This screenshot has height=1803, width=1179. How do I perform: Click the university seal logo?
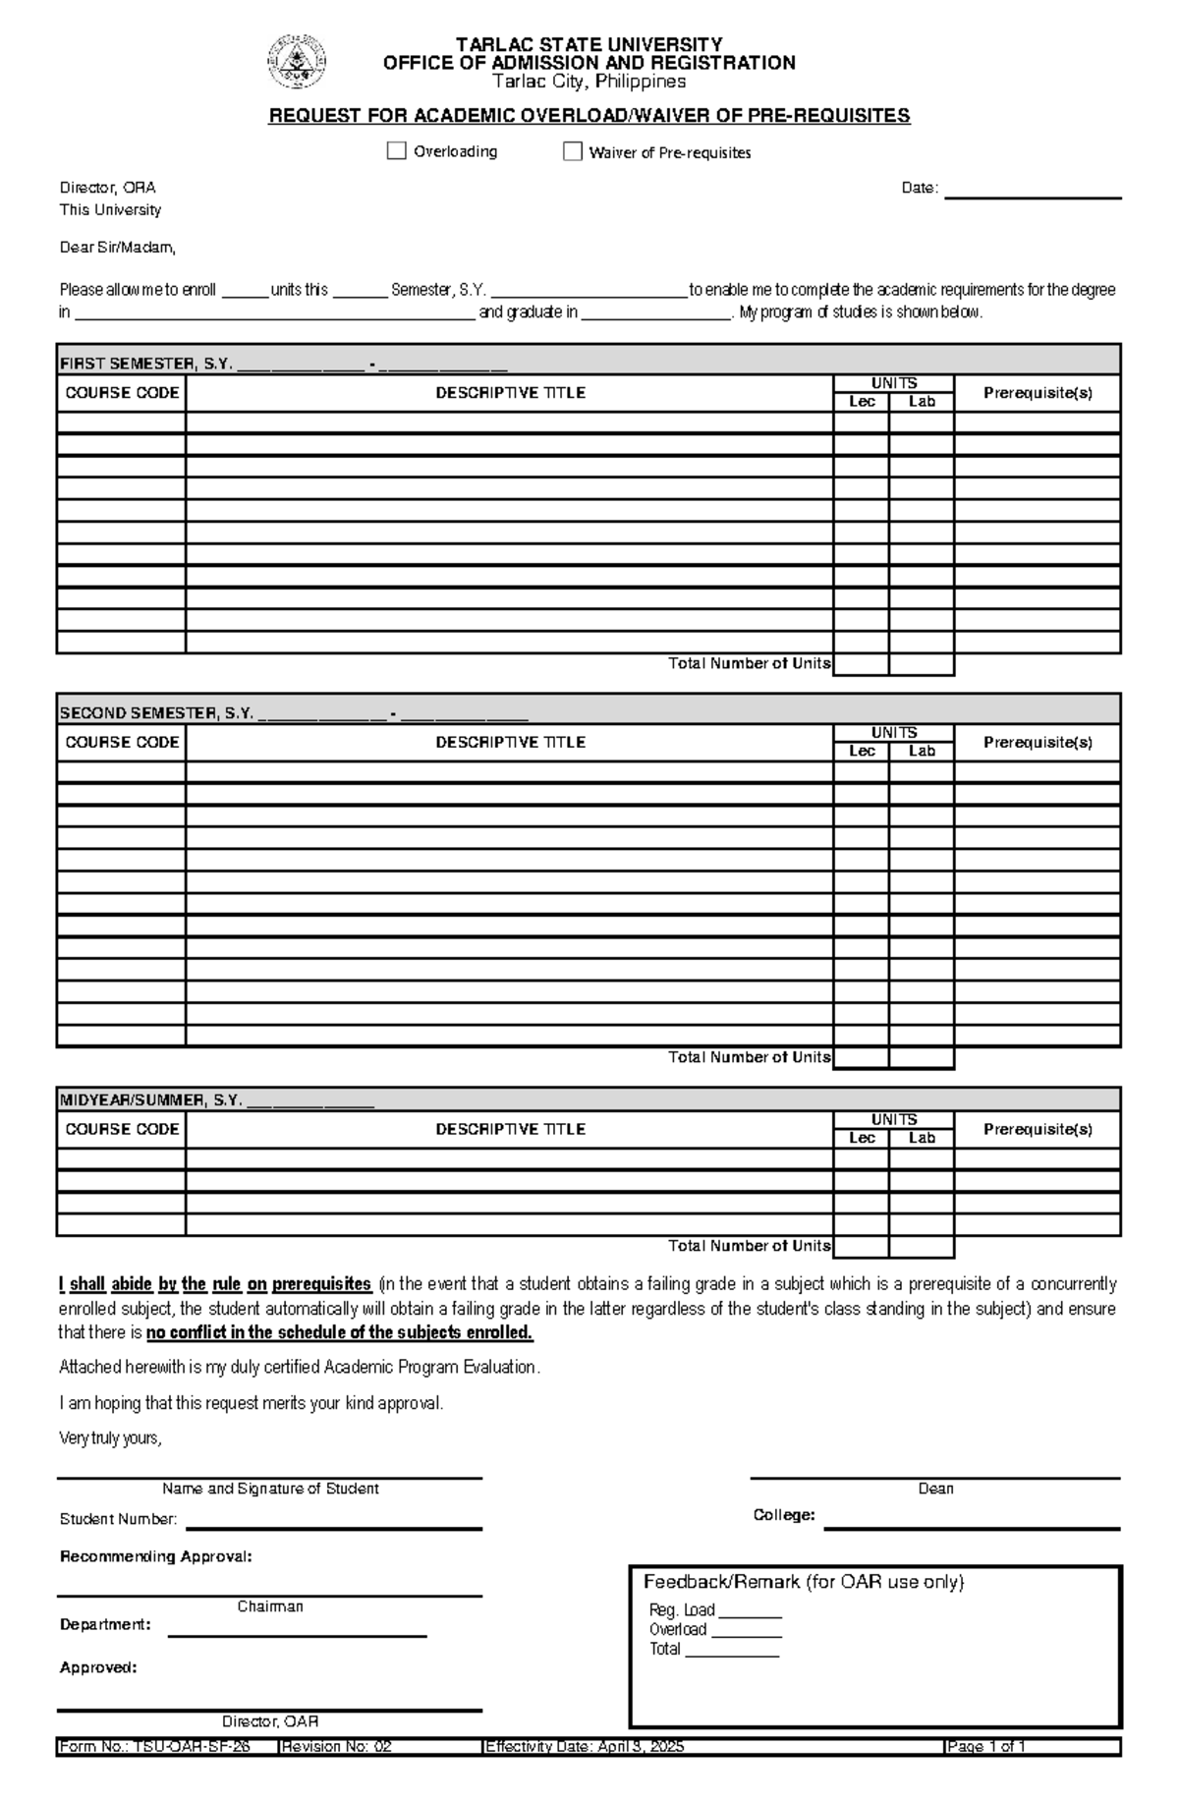click(x=297, y=62)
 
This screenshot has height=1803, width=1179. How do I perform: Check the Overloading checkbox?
click(x=397, y=151)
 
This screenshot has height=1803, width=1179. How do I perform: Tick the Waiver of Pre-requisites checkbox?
click(x=573, y=151)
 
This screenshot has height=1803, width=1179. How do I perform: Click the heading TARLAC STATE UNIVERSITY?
click(x=589, y=45)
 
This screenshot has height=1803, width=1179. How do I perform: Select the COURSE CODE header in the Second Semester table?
click(x=122, y=742)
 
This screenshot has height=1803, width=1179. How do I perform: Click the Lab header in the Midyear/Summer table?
click(x=922, y=1138)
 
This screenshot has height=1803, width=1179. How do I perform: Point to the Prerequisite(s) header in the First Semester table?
click(x=1038, y=393)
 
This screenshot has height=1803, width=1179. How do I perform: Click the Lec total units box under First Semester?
click(x=862, y=664)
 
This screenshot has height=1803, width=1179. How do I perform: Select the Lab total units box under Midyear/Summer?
click(x=922, y=1246)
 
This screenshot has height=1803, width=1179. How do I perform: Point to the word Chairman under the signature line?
click(x=270, y=1606)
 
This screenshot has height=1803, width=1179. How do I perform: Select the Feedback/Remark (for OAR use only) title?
click(x=804, y=1582)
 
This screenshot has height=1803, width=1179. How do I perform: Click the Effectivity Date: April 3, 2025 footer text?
click(x=586, y=1746)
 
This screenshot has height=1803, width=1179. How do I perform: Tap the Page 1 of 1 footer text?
click(x=985, y=1746)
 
